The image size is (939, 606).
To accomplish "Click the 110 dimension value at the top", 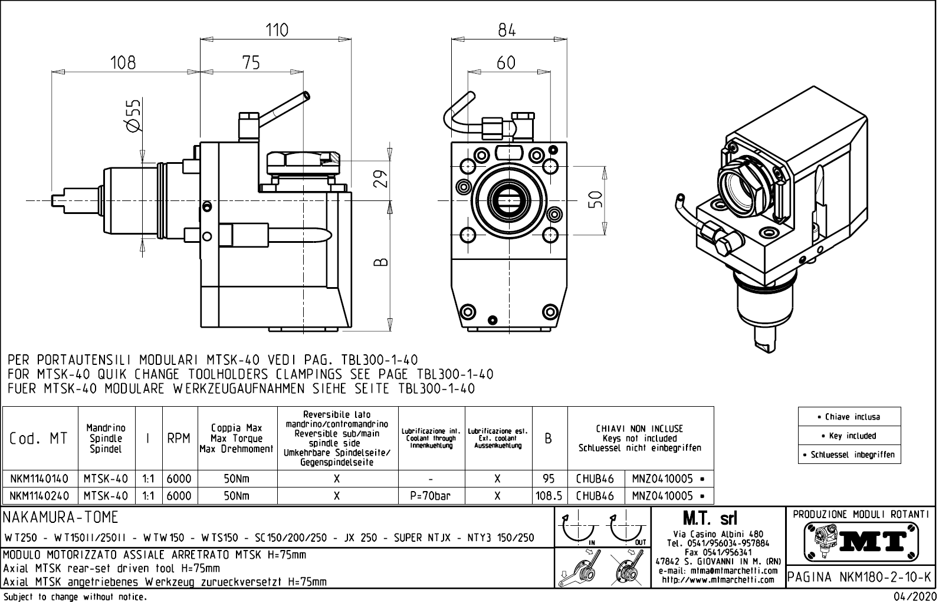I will click(x=277, y=30).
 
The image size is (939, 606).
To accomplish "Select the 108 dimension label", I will click(x=123, y=62).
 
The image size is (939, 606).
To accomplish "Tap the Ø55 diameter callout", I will click(x=134, y=115).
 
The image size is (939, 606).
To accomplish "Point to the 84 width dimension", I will click(x=506, y=30).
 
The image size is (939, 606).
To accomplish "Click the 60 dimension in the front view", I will click(x=505, y=62).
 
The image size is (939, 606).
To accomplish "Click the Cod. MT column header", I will click(x=39, y=439).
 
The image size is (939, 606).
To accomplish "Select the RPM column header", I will click(x=179, y=439).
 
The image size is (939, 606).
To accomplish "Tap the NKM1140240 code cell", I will click(x=39, y=496).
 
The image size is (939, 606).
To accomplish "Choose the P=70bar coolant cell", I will click(x=431, y=496).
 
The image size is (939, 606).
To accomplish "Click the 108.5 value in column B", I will click(x=549, y=496).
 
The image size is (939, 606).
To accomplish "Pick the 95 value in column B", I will click(x=549, y=479).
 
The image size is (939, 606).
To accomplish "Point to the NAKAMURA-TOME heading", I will click(x=61, y=518).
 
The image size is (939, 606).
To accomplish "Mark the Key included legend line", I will click(x=849, y=436).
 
